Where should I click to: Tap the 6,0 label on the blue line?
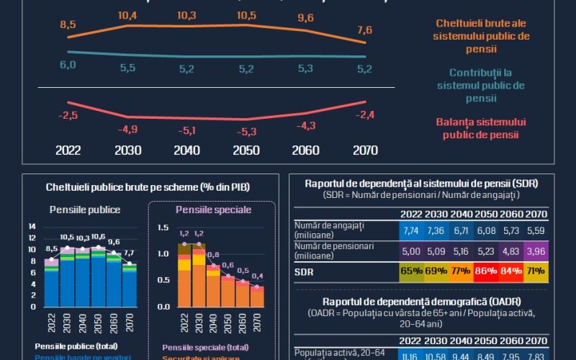click(68, 65)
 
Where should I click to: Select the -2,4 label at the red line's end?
click(364, 114)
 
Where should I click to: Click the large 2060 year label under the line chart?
click(305, 151)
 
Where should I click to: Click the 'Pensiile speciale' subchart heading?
click(213, 210)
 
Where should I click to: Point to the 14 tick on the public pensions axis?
click(32, 226)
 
